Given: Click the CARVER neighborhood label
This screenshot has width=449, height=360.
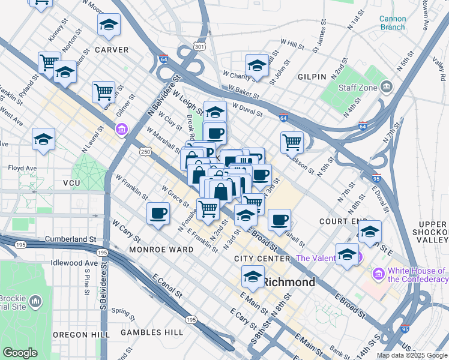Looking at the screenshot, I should coord(112,50).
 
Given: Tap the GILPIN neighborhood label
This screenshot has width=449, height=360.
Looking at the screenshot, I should coord(311,77).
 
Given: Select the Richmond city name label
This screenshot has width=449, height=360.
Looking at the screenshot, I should coord(289,282).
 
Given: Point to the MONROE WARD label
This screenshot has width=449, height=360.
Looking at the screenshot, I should coord(161,249).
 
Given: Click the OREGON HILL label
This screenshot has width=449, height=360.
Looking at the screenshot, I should coord(80,334).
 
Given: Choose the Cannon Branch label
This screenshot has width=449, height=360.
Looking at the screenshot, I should coord(392,23).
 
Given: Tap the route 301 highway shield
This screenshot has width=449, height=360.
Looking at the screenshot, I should coord(200,46).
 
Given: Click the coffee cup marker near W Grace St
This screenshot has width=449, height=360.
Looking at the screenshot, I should coord(158,214).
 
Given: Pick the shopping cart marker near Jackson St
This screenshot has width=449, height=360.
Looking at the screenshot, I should coord(292,142).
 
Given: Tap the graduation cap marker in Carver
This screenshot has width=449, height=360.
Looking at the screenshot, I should coord(109,25).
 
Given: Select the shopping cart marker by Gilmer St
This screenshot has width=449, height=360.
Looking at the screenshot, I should coord(103,92).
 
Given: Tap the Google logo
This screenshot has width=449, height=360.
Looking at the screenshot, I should coord(20,353).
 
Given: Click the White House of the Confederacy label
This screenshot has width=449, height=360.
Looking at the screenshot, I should coord(418,275).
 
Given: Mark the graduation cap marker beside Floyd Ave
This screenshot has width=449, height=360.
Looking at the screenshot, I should coord(43,139).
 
